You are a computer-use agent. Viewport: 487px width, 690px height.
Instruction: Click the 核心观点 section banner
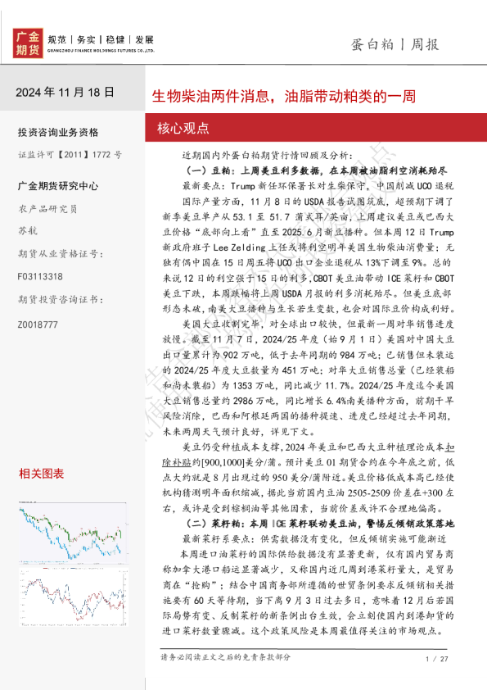point(183,128)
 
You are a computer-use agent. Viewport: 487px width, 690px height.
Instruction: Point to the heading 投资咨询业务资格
point(58,132)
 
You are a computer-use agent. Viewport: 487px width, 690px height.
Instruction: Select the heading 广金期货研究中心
point(58,187)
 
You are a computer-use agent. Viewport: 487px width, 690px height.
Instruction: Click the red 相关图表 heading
point(42,474)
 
